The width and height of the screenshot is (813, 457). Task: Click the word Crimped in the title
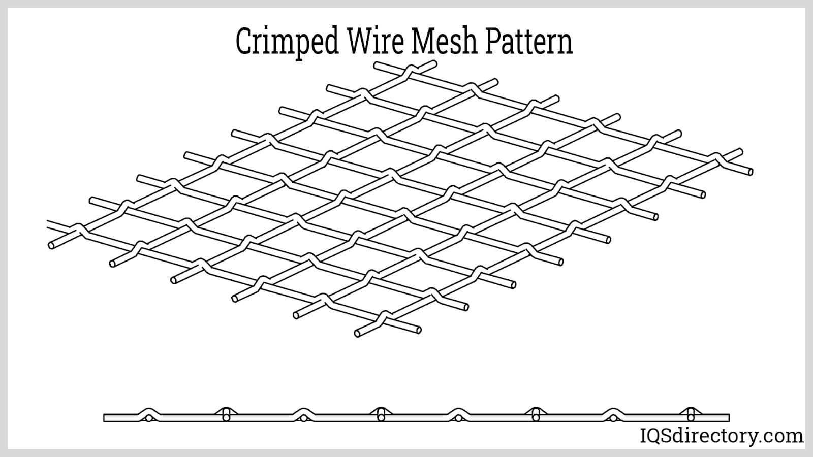[x=287, y=42]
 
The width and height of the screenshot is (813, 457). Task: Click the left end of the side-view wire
[x=105, y=418]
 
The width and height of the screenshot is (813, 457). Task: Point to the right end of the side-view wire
[x=728, y=418]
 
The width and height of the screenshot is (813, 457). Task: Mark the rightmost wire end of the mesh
[x=750, y=172]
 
